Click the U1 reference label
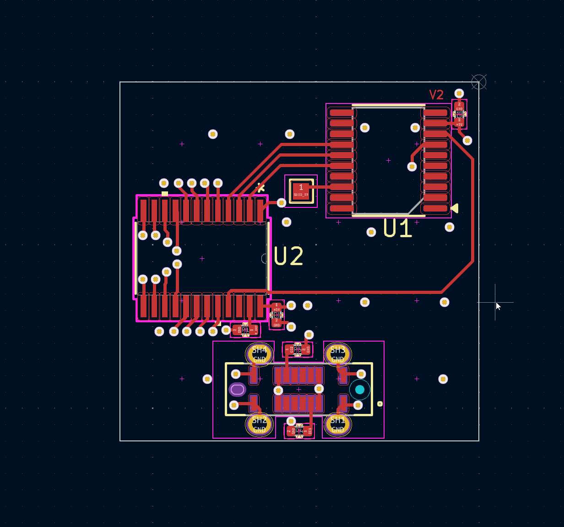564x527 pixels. point(397,228)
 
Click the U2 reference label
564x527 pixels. point(288,256)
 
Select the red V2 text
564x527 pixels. point(436,95)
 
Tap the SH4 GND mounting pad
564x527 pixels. point(259,354)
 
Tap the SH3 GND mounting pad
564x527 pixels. point(337,354)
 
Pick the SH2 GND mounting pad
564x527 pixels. point(259,424)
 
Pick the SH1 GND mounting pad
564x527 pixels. point(337,424)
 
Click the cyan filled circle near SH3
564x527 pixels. point(359,390)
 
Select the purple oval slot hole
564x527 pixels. point(237,390)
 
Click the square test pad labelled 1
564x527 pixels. point(301,190)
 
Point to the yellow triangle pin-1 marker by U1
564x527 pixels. point(455,208)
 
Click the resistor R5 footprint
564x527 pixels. point(298,350)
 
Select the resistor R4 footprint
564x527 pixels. point(299,431)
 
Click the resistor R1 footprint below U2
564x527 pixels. point(245,330)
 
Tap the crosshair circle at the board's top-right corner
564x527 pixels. point(478,82)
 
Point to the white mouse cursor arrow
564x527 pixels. point(498,306)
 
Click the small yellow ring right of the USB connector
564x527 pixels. point(380,404)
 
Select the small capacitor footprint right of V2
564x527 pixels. point(459,114)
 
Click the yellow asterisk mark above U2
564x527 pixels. point(260,187)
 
